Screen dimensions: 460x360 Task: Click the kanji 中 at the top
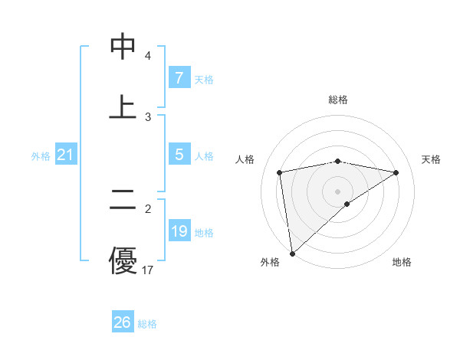pyautogui.click(x=123, y=47)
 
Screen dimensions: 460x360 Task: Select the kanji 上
pyautogui.click(x=123, y=107)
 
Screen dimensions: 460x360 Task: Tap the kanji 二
pyautogui.click(x=123, y=201)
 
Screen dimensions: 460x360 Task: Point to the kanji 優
pyautogui.click(x=123, y=260)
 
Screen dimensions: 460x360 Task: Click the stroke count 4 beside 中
pyautogui.click(x=147, y=56)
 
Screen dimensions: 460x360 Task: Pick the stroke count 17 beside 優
pyautogui.click(x=148, y=270)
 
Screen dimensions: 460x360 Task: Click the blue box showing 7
pyautogui.click(x=179, y=78)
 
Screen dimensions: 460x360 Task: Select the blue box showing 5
pyautogui.click(x=179, y=154)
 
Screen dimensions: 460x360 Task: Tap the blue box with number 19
pyautogui.click(x=179, y=231)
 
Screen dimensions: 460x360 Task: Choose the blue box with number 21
pyautogui.click(x=65, y=155)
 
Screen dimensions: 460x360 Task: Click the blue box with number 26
pyautogui.click(x=123, y=322)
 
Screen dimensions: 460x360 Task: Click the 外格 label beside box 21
pyautogui.click(x=41, y=156)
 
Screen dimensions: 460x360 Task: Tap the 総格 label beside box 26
pyautogui.click(x=147, y=324)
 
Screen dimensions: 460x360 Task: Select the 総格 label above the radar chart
pyautogui.click(x=338, y=100)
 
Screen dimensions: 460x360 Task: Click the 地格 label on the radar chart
pyautogui.click(x=402, y=262)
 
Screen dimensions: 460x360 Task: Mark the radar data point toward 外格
pyautogui.click(x=291, y=254)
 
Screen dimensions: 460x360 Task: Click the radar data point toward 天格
pyautogui.click(x=396, y=172)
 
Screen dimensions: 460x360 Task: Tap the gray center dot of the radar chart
pyautogui.click(x=338, y=191)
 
